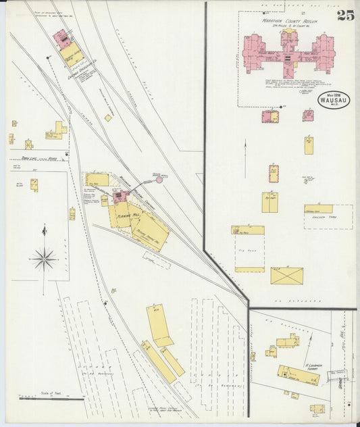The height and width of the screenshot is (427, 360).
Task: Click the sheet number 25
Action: coord(345,16)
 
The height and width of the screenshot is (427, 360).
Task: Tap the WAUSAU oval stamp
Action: coord(334,100)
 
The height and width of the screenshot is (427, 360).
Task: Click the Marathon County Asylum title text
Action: coord(289,21)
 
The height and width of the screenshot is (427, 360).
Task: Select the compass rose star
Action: coord(44,258)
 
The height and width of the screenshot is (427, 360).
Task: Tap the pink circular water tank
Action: coord(159,180)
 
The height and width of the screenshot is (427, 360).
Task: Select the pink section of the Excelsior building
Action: coord(61,38)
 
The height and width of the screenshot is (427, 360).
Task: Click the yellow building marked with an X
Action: coord(286,276)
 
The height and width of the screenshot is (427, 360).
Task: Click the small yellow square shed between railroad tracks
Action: coord(107,118)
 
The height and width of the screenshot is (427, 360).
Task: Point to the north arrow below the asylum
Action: coord(245,149)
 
